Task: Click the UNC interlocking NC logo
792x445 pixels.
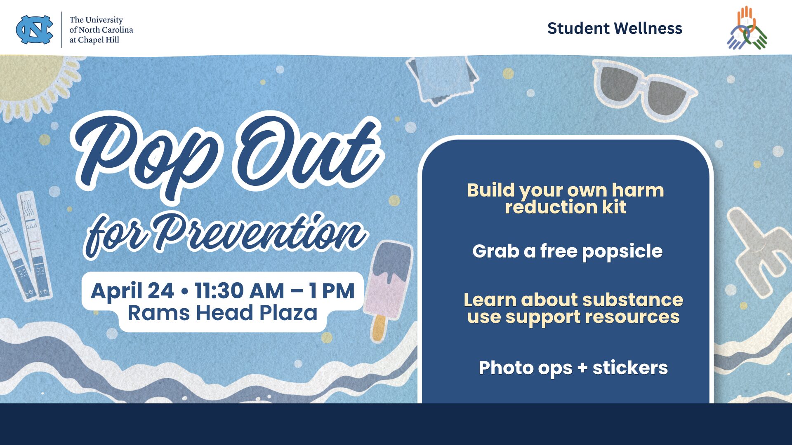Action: pos(35,30)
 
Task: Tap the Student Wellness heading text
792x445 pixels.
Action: pos(615,28)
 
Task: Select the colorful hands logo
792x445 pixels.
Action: pos(747,28)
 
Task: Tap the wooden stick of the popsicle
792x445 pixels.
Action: pos(379,328)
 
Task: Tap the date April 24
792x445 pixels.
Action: pos(132,291)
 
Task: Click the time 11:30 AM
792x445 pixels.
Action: pos(239,291)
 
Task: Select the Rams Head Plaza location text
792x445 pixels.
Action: pos(223,313)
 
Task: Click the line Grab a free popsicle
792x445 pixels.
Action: pos(568,251)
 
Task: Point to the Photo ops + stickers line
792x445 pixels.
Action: pos(573,368)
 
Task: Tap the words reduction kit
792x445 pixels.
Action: pos(566,207)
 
